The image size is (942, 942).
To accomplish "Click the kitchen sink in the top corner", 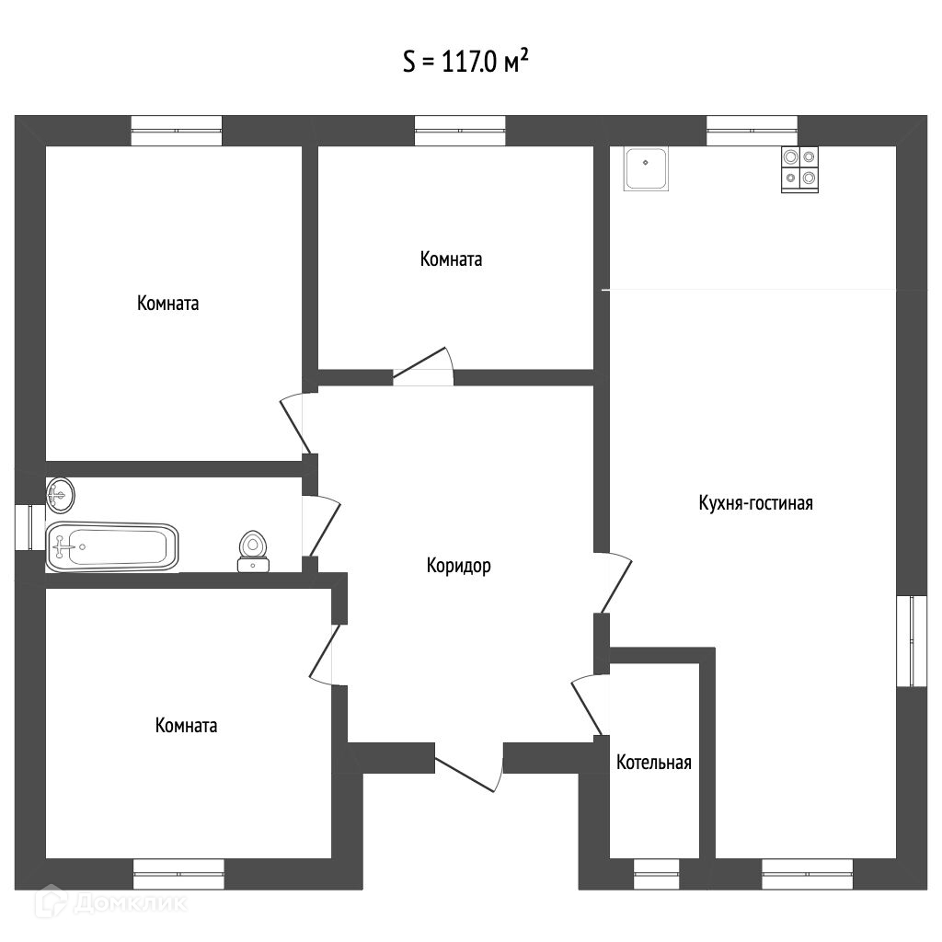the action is [x=647, y=168].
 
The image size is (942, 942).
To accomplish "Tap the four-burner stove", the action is [x=798, y=169].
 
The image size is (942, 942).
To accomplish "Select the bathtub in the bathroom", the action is [x=112, y=547].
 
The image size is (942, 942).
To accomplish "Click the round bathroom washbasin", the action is [x=60, y=495].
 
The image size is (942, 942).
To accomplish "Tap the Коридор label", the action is [x=458, y=566].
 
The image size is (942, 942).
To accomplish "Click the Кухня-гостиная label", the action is [x=755, y=503].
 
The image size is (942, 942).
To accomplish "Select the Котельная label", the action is [x=653, y=763].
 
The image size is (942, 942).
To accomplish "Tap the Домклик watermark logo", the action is [x=110, y=902].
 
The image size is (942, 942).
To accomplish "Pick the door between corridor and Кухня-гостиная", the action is [x=615, y=582].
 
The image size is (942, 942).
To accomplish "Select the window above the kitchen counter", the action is [x=752, y=131].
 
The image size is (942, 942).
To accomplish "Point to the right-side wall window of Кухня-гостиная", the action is [x=911, y=640].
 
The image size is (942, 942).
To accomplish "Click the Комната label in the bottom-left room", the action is [x=187, y=726].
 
